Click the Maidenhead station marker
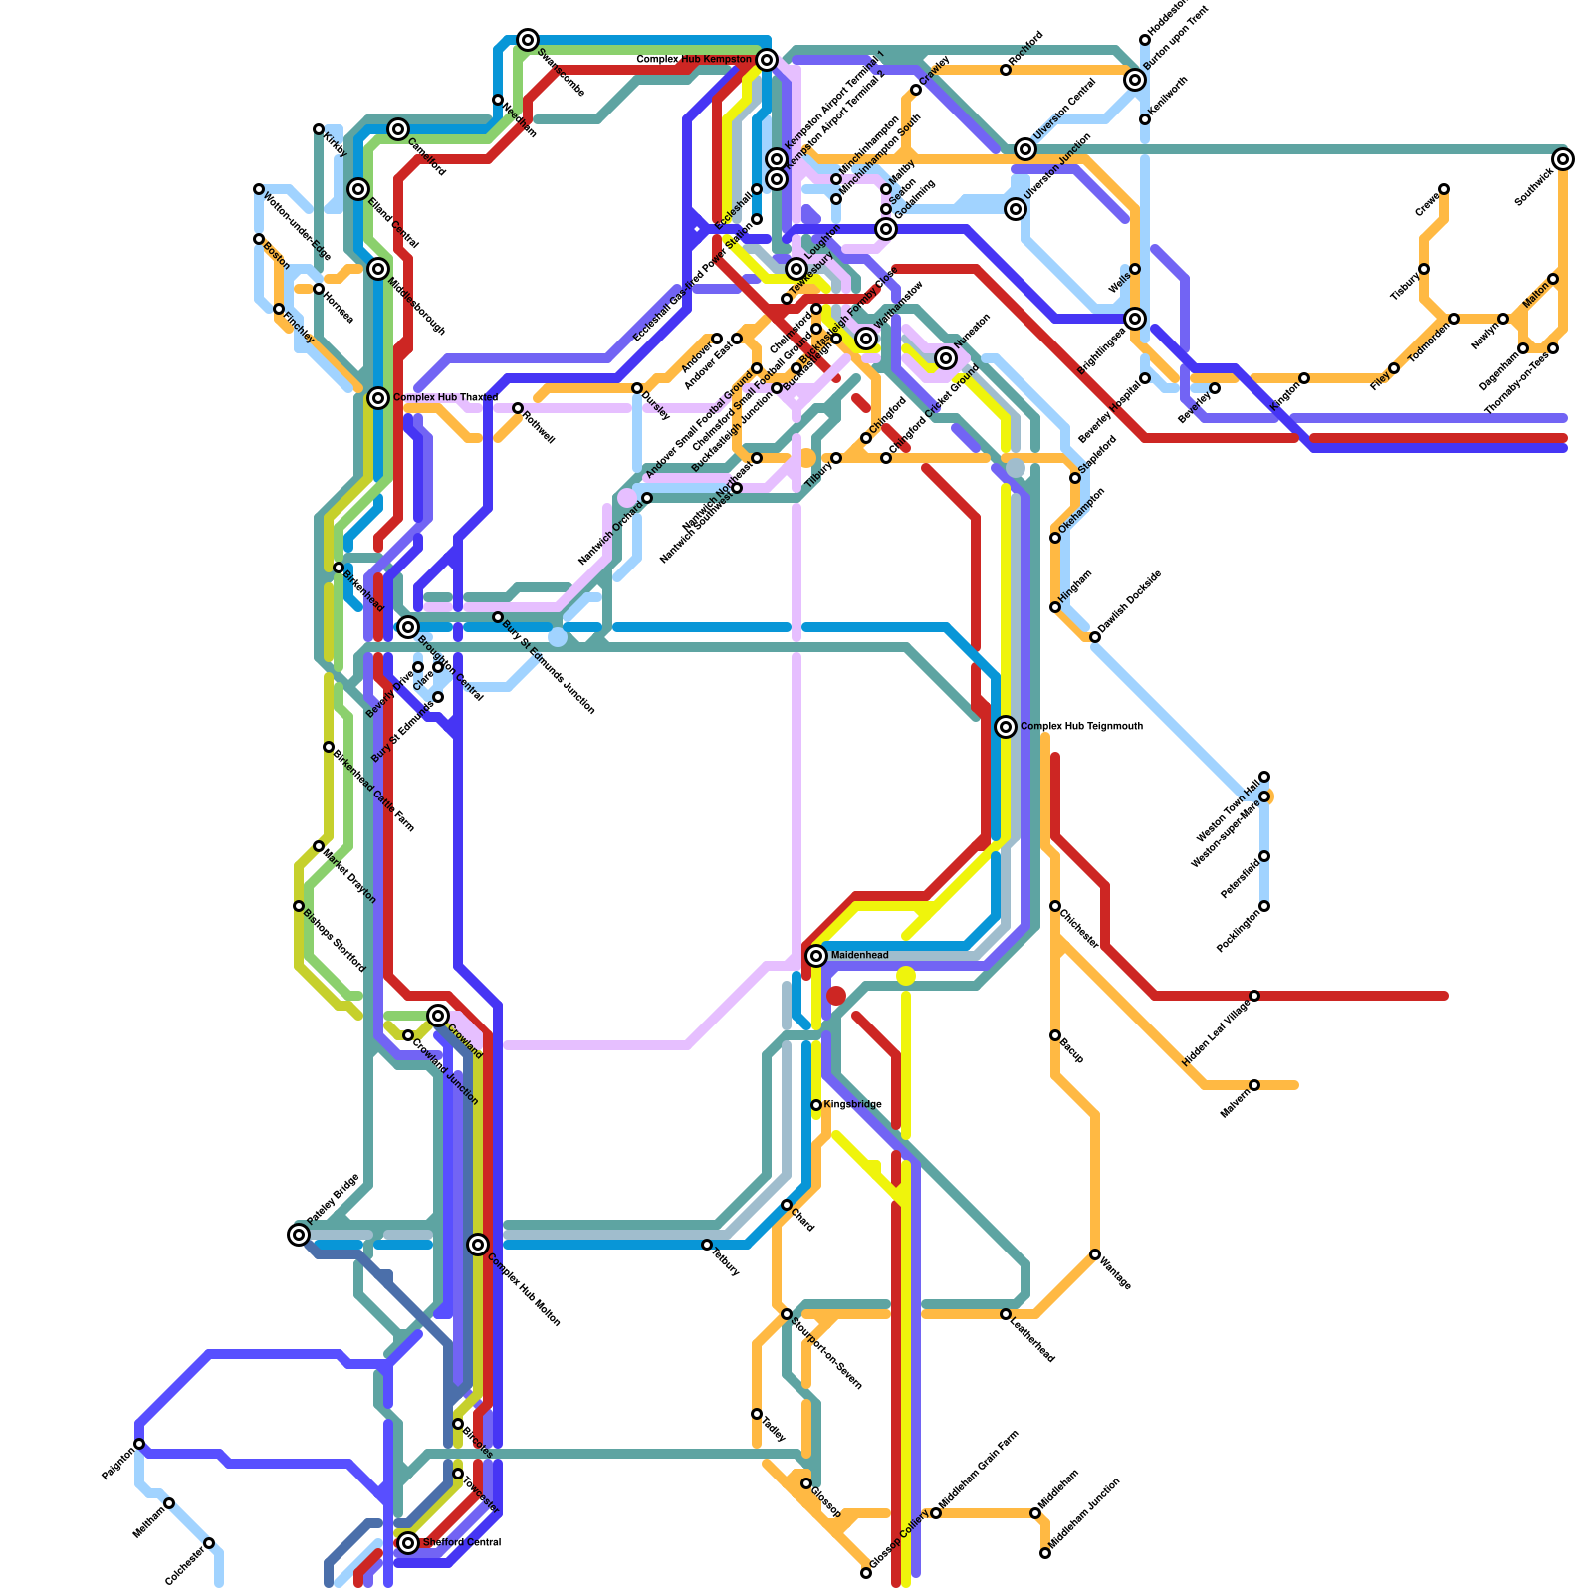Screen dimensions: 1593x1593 tap(816, 956)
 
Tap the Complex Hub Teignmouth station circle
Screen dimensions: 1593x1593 tap(1006, 727)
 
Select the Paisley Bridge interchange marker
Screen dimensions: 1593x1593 tap(299, 1235)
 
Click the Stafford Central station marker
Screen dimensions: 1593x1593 tap(408, 1543)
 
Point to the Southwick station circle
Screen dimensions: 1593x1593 tap(1563, 159)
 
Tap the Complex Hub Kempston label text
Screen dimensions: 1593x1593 tap(694, 60)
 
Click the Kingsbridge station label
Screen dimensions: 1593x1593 tap(852, 1105)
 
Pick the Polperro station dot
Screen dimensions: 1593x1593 tap(139, 1444)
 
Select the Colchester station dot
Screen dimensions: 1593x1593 tap(209, 1543)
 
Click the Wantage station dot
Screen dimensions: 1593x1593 tap(1095, 1254)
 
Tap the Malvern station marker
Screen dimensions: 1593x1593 tap(1254, 1085)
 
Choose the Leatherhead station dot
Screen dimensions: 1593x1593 tap(1006, 1314)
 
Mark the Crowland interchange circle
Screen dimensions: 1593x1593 tap(438, 1016)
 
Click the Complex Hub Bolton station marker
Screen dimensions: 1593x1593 tap(478, 1245)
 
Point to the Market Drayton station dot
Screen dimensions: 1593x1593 tap(319, 846)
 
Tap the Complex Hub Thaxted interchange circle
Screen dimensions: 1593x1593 tap(378, 398)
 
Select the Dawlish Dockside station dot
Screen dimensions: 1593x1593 tap(1095, 637)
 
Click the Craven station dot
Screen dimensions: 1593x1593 tap(1444, 189)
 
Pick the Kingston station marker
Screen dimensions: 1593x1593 tap(1304, 378)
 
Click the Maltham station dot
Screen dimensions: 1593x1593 tap(169, 1503)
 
